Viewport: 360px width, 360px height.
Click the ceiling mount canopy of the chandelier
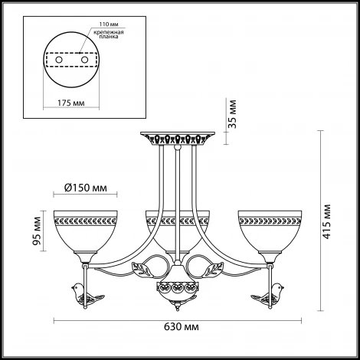176,139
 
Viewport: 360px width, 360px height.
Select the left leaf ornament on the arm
143,269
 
